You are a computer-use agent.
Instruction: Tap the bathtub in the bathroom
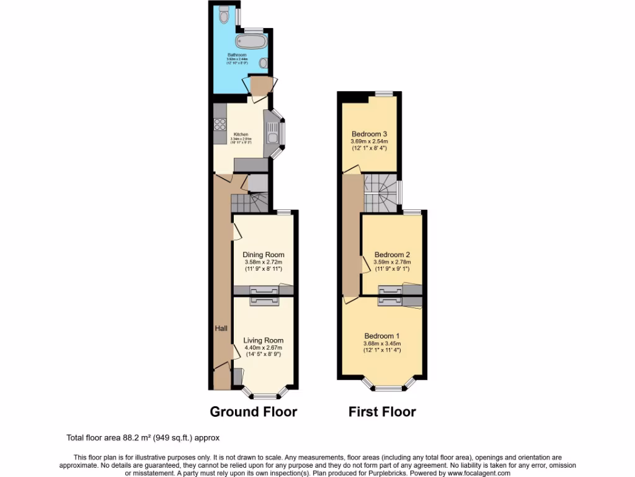coord(251,42)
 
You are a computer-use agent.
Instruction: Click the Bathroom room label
coord(236,55)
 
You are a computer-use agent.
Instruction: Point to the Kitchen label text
coord(241,134)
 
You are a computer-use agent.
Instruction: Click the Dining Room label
coord(264,255)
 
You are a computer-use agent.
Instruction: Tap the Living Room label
coord(264,340)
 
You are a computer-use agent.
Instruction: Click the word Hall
coord(221,328)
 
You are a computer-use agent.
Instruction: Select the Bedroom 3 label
coord(370,134)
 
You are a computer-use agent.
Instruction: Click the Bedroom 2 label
coord(392,255)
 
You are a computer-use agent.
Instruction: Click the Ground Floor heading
coord(253,411)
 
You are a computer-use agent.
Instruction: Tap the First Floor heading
coord(382,411)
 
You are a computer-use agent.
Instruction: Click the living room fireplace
coord(265,301)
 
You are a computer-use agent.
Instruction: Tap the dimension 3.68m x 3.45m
coord(382,343)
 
